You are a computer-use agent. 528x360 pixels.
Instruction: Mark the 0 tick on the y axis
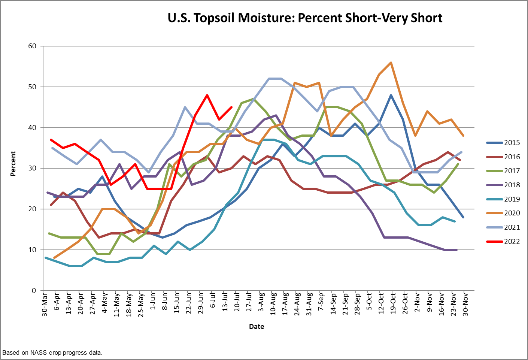coord(34,290)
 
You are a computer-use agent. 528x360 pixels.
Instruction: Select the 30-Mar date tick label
coord(45,304)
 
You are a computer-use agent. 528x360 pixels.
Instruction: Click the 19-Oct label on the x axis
coord(393,304)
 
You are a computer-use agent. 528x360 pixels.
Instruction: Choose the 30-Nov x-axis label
coord(466,304)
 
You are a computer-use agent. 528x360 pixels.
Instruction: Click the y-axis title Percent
coord(13,164)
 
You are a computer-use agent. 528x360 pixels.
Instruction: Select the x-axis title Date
coord(257,327)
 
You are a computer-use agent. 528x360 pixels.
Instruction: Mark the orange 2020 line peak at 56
coord(391,63)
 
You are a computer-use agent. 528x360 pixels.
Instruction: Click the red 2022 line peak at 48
coord(207,95)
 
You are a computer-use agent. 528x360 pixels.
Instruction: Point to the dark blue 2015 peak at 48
coord(391,95)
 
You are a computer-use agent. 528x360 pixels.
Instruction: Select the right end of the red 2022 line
coord(232,107)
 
